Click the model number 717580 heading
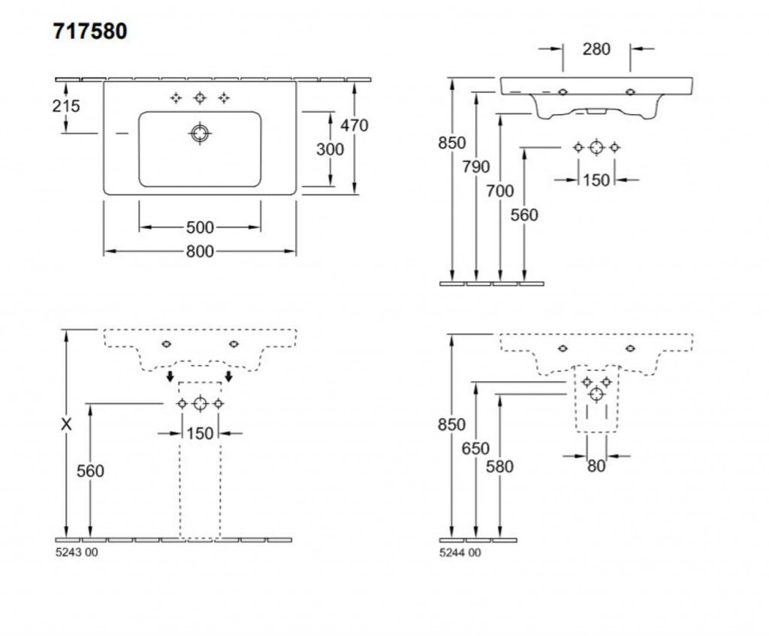click(89, 32)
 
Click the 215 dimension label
click(65, 106)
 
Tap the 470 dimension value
click(354, 126)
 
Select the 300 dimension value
click(330, 149)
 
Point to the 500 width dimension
click(200, 228)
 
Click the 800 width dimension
click(200, 252)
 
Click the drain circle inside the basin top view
click(200, 134)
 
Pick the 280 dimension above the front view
click(596, 50)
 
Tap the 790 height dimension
click(476, 167)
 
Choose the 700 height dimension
click(500, 191)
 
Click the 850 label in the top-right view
click(452, 143)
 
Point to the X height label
click(67, 424)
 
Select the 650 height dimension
click(476, 448)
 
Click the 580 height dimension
click(500, 466)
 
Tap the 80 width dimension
click(596, 466)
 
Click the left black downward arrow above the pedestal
click(170, 375)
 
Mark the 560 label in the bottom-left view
click(89, 472)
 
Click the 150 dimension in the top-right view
click(596, 180)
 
